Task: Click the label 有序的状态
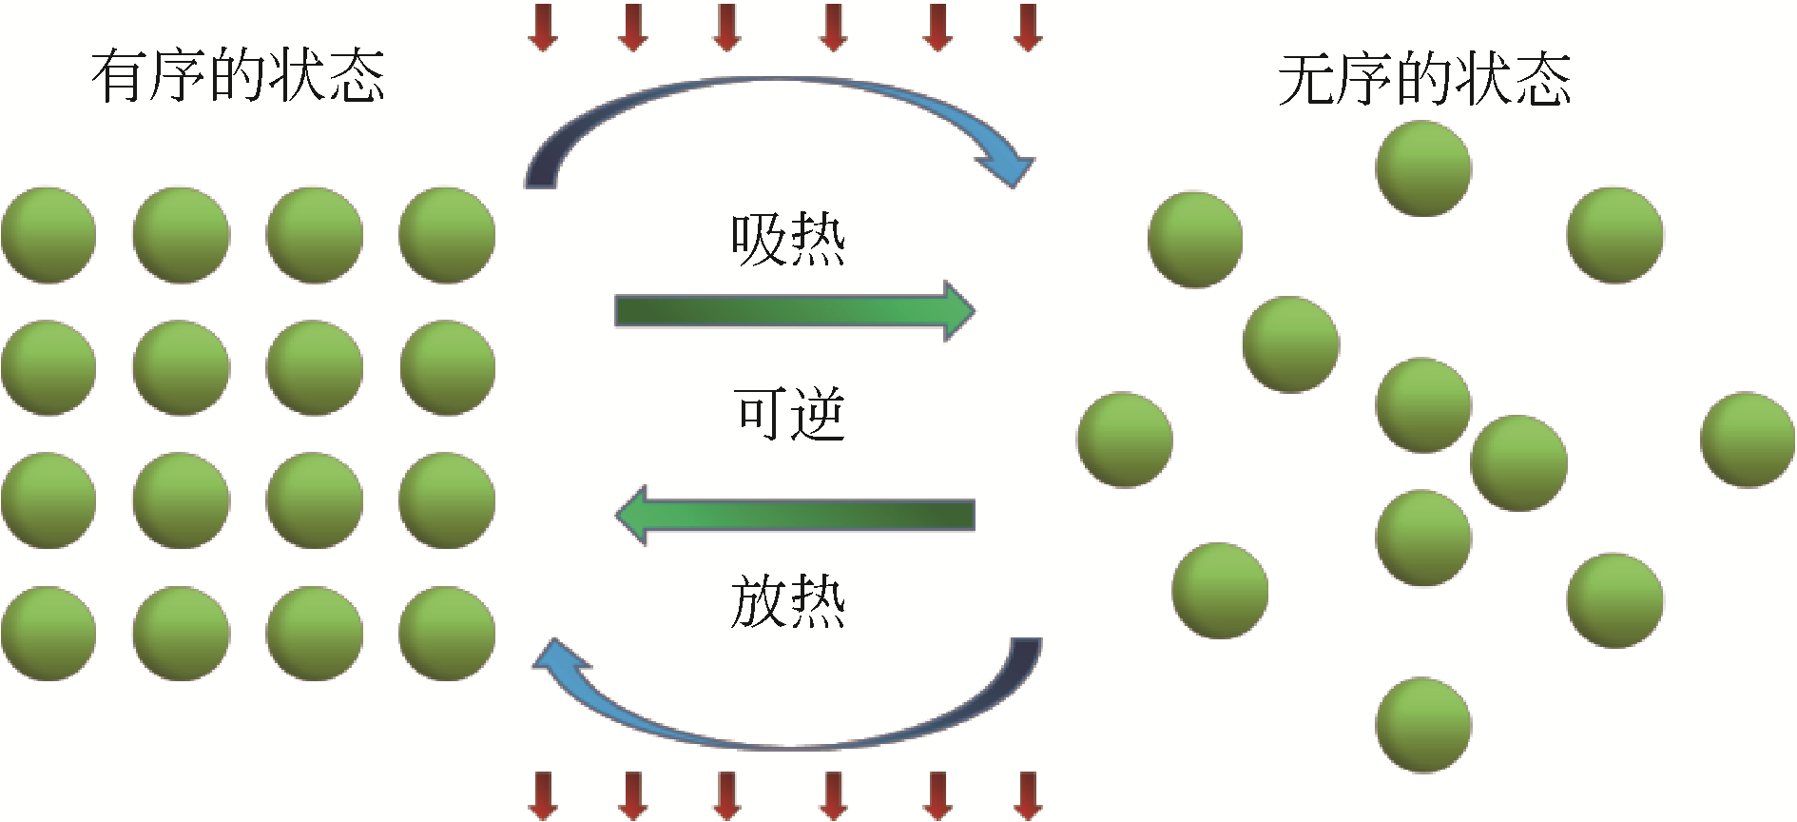click(238, 76)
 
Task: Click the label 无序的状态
click(1423, 79)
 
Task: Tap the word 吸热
click(787, 239)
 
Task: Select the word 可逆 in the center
click(789, 414)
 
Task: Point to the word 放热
click(787, 601)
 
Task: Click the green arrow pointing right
click(794, 311)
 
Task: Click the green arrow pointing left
click(794, 515)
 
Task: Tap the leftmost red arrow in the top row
click(543, 27)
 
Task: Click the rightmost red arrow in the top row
click(1028, 27)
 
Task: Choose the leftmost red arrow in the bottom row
click(543, 795)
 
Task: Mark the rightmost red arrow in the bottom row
click(1028, 795)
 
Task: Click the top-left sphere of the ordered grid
click(48, 235)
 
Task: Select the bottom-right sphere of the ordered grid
click(447, 634)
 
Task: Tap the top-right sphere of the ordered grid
click(447, 235)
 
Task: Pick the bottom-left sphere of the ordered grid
click(48, 634)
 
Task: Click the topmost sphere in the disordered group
click(1423, 168)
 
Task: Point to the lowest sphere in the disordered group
click(1423, 725)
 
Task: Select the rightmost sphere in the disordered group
click(1748, 440)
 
